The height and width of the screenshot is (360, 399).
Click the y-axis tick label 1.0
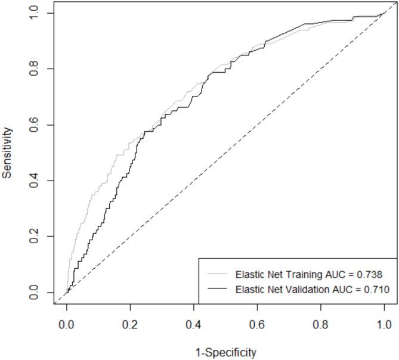click(36, 13)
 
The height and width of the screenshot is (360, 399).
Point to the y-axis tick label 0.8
click(36, 69)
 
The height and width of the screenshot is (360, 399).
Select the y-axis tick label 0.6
click(36, 125)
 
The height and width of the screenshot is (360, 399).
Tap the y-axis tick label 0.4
click(36, 181)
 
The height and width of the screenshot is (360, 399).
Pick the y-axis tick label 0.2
click(36, 237)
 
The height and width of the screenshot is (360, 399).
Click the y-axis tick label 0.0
click(36, 293)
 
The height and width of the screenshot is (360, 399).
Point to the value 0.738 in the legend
click(377, 275)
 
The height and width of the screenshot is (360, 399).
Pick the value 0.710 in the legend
click(377, 290)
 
